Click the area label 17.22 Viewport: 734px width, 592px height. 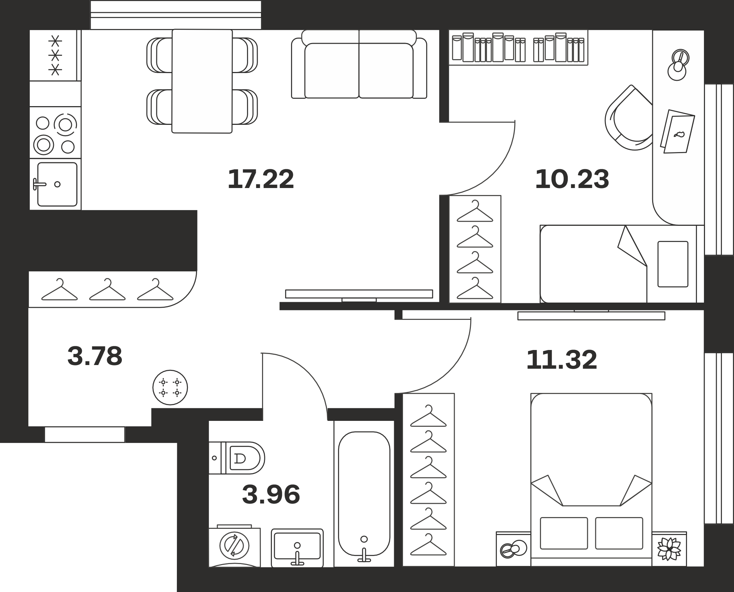[261, 179]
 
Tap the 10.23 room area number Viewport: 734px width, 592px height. [572, 179]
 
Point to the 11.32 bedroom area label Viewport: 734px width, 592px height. [562, 360]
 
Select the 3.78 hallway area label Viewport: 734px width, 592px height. [95, 356]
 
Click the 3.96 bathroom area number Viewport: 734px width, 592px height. [271, 494]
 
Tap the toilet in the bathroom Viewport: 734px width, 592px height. [237, 458]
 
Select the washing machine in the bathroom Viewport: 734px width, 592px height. [235, 546]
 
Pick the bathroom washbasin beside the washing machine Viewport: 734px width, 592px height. [297, 548]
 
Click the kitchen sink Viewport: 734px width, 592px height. [57, 184]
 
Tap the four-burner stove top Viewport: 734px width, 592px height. [55, 133]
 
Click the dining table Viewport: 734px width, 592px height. [202, 81]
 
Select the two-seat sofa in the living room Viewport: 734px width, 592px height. [359, 64]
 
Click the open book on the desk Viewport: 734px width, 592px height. [677, 131]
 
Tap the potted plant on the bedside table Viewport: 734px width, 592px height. [669, 549]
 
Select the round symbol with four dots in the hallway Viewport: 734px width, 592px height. [170, 387]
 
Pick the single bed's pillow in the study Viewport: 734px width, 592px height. [673, 264]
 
